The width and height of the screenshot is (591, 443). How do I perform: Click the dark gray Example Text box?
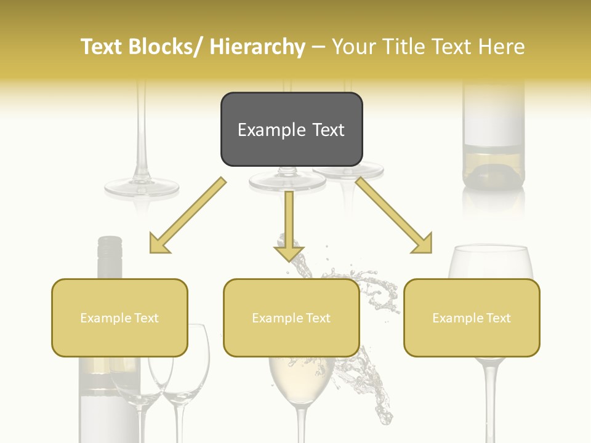coord(291,129)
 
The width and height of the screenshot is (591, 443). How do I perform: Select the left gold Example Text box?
coord(119,317)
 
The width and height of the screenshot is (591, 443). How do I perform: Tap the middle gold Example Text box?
coord(291,317)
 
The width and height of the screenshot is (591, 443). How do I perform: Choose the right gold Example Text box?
coord(472,317)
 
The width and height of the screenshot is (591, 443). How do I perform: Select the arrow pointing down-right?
coord(394,215)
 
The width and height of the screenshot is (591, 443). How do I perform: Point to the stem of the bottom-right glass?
coord(489,400)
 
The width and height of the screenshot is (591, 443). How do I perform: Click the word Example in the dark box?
coord(265,130)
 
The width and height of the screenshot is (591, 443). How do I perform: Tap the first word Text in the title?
coord(103,47)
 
